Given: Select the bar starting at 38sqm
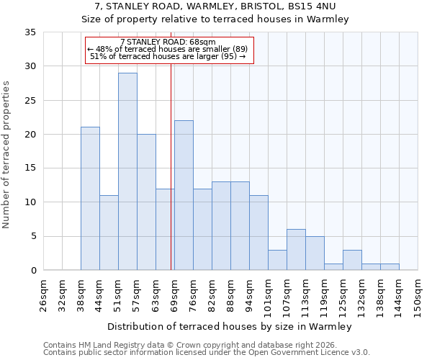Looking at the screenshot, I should tap(90, 199).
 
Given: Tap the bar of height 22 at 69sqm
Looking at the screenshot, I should tap(184, 195).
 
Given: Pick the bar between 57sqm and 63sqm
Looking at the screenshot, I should tap(146, 202).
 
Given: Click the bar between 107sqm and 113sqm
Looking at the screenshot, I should tap(296, 250).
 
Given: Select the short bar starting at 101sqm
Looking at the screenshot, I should tap(277, 260).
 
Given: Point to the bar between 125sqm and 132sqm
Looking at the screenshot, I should tap(352, 260).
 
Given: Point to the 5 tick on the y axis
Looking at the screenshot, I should tap(32, 237).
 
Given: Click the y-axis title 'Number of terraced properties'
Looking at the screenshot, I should tap(6, 154).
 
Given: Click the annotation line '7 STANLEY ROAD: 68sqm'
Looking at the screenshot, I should tap(168, 42).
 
